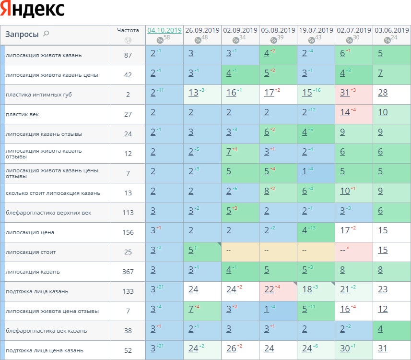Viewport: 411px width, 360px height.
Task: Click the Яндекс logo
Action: pyautogui.click(x=33, y=10)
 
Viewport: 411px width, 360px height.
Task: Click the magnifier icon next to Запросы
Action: pyautogui.click(x=46, y=34)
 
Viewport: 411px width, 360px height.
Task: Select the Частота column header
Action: pyautogui.click(x=128, y=30)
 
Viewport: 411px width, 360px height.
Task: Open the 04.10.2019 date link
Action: pyautogui.click(x=164, y=30)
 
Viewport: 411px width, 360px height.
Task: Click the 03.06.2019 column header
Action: pyautogui.click(x=391, y=30)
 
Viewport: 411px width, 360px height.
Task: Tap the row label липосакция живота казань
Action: pyautogui.click(x=44, y=55)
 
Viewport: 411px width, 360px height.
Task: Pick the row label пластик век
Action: pyautogui.click(x=22, y=114)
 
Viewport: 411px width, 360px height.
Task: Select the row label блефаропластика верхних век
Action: pyautogui.click(x=48, y=213)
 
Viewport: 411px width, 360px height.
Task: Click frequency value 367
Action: pyautogui.click(x=128, y=272)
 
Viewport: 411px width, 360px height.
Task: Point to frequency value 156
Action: pyautogui.click(x=128, y=232)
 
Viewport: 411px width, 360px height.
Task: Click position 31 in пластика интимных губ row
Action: pyautogui.click(x=344, y=93)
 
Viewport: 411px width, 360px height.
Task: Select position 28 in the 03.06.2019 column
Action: pyautogui.click(x=382, y=93)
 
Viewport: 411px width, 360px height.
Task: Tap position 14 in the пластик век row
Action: pyautogui.click(x=344, y=112)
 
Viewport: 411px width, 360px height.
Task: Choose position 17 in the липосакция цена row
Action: pyautogui.click(x=344, y=230)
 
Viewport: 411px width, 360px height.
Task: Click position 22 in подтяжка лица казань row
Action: pyautogui.click(x=269, y=289)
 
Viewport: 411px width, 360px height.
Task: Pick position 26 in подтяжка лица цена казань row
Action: pyautogui.click(x=231, y=348)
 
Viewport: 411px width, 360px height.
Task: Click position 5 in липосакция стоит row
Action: pyautogui.click(x=190, y=250)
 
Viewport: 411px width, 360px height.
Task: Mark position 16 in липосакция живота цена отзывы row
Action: pyautogui.click(x=344, y=309)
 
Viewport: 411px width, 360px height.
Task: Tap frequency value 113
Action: pyautogui.click(x=128, y=213)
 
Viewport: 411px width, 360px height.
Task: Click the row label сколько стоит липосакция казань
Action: pyautogui.click(x=53, y=193)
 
